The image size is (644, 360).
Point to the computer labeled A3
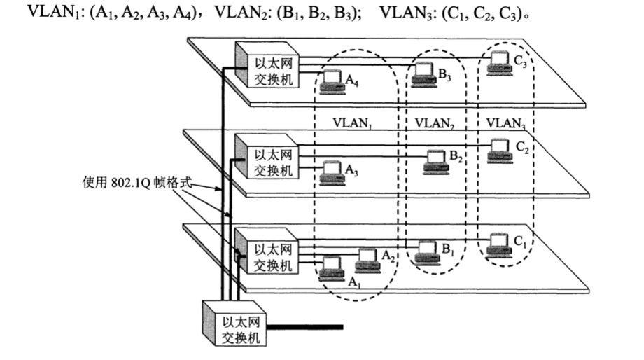click(331, 172)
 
